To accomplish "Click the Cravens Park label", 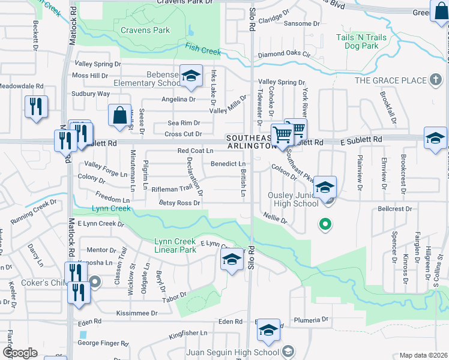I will pos(145,29).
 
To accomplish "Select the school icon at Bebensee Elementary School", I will pos(191,76).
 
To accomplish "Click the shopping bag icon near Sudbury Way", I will pos(119,115).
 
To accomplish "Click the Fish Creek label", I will pos(203,50).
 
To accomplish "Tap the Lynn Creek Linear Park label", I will pos(175,245).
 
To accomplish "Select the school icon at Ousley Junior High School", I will pos(325,187).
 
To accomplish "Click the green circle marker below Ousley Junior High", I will pos(325,224).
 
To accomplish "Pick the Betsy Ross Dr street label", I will pos(179,203).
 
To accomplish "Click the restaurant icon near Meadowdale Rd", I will pos(36,107).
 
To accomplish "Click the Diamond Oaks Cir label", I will pos(284,54).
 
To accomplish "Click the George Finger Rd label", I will pos(103,344).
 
